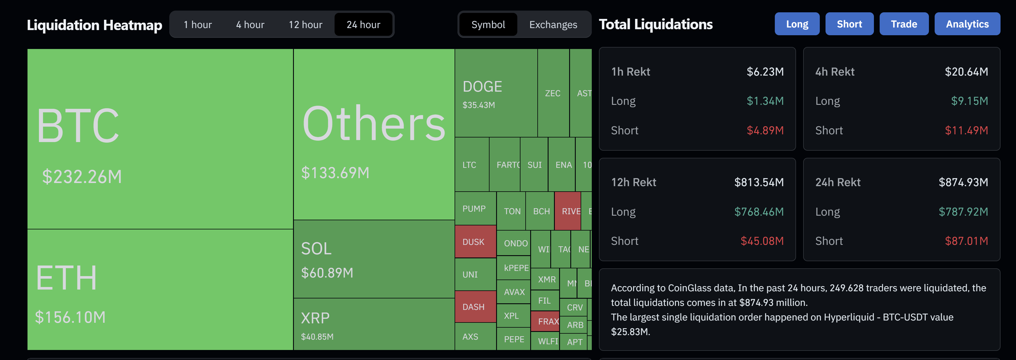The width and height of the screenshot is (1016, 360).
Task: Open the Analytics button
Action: tap(967, 24)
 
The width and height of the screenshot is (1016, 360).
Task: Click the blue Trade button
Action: tap(904, 24)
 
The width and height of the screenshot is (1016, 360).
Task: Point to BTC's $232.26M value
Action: tap(82, 177)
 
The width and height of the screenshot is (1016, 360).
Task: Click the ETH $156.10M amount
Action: tap(70, 317)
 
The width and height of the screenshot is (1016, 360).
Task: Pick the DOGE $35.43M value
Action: tap(478, 105)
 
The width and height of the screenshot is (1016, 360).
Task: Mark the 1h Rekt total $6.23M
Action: tap(765, 72)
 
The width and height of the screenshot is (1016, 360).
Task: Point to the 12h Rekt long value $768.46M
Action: tap(758, 212)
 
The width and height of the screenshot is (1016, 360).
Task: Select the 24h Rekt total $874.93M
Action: tap(963, 182)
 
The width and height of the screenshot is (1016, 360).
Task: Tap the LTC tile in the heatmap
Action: tap(469, 165)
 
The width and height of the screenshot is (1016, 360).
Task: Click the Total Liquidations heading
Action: tap(655, 24)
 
